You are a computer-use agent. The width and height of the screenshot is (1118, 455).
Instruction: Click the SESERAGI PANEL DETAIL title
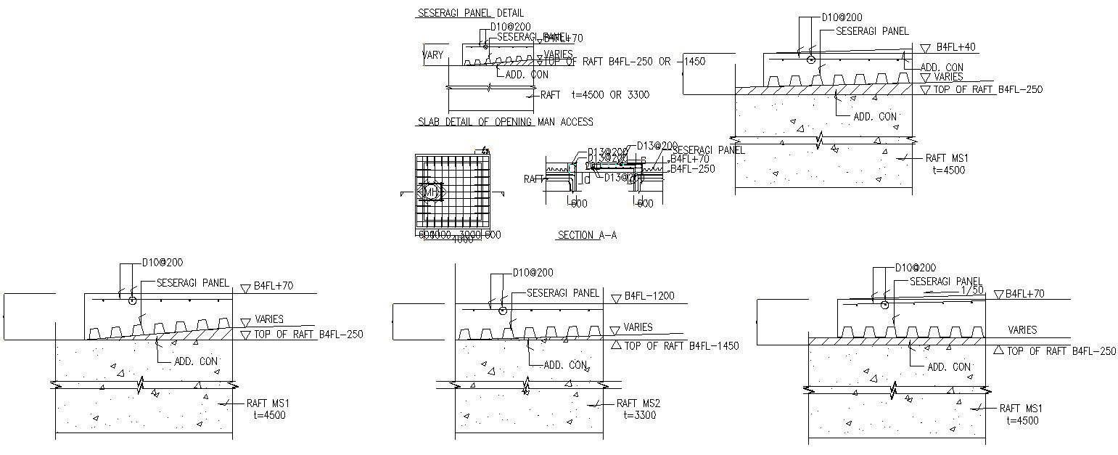[470, 13]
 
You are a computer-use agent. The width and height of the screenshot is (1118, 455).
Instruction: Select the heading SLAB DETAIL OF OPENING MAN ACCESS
[505, 122]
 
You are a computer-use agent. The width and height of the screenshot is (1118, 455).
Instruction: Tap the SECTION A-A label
[587, 235]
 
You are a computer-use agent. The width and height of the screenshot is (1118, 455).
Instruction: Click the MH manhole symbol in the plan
[431, 192]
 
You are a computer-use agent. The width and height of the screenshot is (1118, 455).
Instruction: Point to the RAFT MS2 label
[638, 403]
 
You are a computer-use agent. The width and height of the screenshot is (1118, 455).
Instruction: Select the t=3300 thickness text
[639, 415]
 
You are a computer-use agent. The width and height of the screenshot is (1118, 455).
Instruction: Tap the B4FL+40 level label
[955, 47]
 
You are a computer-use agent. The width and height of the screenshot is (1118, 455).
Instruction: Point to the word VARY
[433, 55]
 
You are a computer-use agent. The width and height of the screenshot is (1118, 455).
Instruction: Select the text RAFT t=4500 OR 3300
[595, 95]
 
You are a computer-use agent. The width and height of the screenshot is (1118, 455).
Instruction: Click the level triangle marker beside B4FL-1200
[617, 298]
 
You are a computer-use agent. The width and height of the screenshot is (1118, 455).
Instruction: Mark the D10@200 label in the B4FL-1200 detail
[533, 273]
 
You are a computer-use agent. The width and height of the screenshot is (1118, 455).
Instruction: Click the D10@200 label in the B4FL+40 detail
[842, 17]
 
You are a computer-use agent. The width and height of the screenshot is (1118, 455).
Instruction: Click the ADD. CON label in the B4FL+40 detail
[875, 116]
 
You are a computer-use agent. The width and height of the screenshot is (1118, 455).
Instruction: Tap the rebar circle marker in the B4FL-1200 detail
[503, 311]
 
